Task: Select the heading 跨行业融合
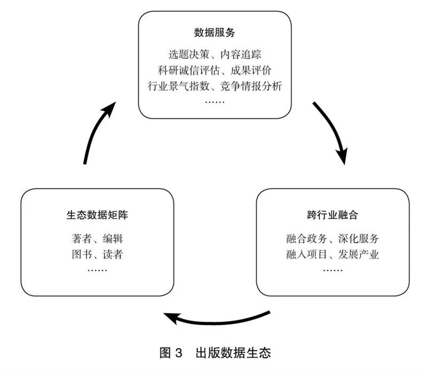(333, 216)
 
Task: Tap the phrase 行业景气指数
(171, 85)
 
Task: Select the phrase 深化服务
(361, 238)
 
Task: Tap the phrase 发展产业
(361, 254)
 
